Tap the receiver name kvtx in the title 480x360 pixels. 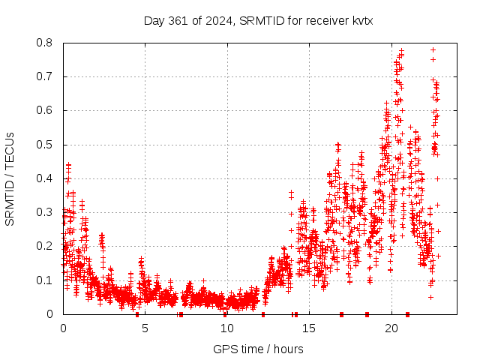pos(359,21)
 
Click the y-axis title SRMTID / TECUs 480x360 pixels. pos(10,179)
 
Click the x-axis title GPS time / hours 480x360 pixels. pos(258,349)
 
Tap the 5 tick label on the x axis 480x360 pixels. pos(145,328)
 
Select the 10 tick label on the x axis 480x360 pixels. pos(226,328)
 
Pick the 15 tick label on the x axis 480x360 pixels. pos(309,328)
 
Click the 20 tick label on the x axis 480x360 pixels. pos(391,328)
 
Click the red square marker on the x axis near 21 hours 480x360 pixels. pos(407,314)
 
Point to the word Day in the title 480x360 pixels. pos(154,21)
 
